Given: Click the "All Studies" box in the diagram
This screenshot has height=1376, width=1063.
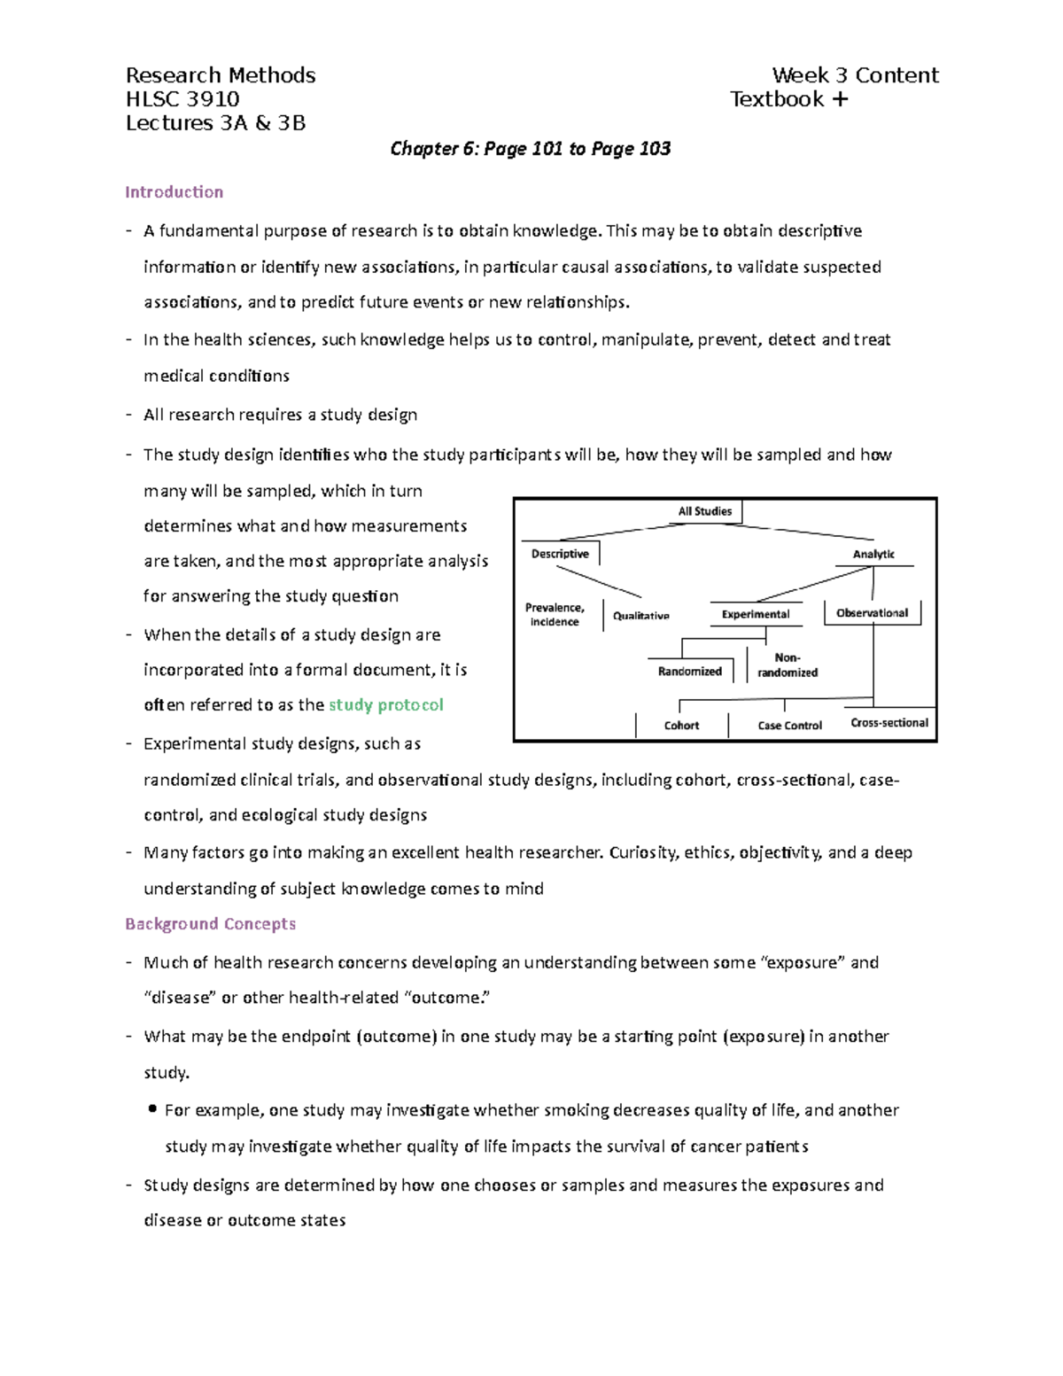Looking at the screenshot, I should point(705,511).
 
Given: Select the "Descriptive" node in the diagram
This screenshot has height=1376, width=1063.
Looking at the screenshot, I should point(560,554).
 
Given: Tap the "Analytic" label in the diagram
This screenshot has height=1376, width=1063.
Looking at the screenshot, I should point(873,554).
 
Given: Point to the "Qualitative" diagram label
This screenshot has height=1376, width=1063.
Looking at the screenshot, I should point(641,615).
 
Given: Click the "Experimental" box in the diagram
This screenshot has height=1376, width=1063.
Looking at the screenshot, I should point(755,614).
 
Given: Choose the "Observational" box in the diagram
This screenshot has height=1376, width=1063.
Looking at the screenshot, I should point(872,612).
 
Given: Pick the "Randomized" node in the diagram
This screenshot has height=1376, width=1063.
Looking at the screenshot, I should point(689,672).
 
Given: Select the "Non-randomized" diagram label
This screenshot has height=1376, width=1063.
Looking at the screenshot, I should point(788,665).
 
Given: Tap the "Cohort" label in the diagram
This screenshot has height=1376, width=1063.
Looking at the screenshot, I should point(681,726).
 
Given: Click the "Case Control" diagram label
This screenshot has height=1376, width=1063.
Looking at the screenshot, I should point(789,726).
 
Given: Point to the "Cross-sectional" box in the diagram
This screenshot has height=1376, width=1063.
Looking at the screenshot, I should point(889,723).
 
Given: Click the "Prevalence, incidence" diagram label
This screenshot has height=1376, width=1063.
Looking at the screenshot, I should point(555,615).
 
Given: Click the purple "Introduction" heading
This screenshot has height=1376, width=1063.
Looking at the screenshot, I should point(174,192).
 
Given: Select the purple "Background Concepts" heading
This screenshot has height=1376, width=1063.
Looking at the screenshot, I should point(210,924).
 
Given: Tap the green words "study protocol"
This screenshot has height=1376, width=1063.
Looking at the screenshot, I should point(385,705).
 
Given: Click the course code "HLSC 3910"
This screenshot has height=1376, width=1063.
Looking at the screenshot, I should point(182,99).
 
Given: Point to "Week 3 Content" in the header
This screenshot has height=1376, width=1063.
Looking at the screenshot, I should point(855,75).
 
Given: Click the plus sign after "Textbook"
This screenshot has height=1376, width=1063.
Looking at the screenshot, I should point(840,99).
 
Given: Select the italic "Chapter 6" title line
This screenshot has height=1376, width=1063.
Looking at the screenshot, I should point(530,149).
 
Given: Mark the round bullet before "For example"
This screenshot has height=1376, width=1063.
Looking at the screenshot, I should point(153,1108).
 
